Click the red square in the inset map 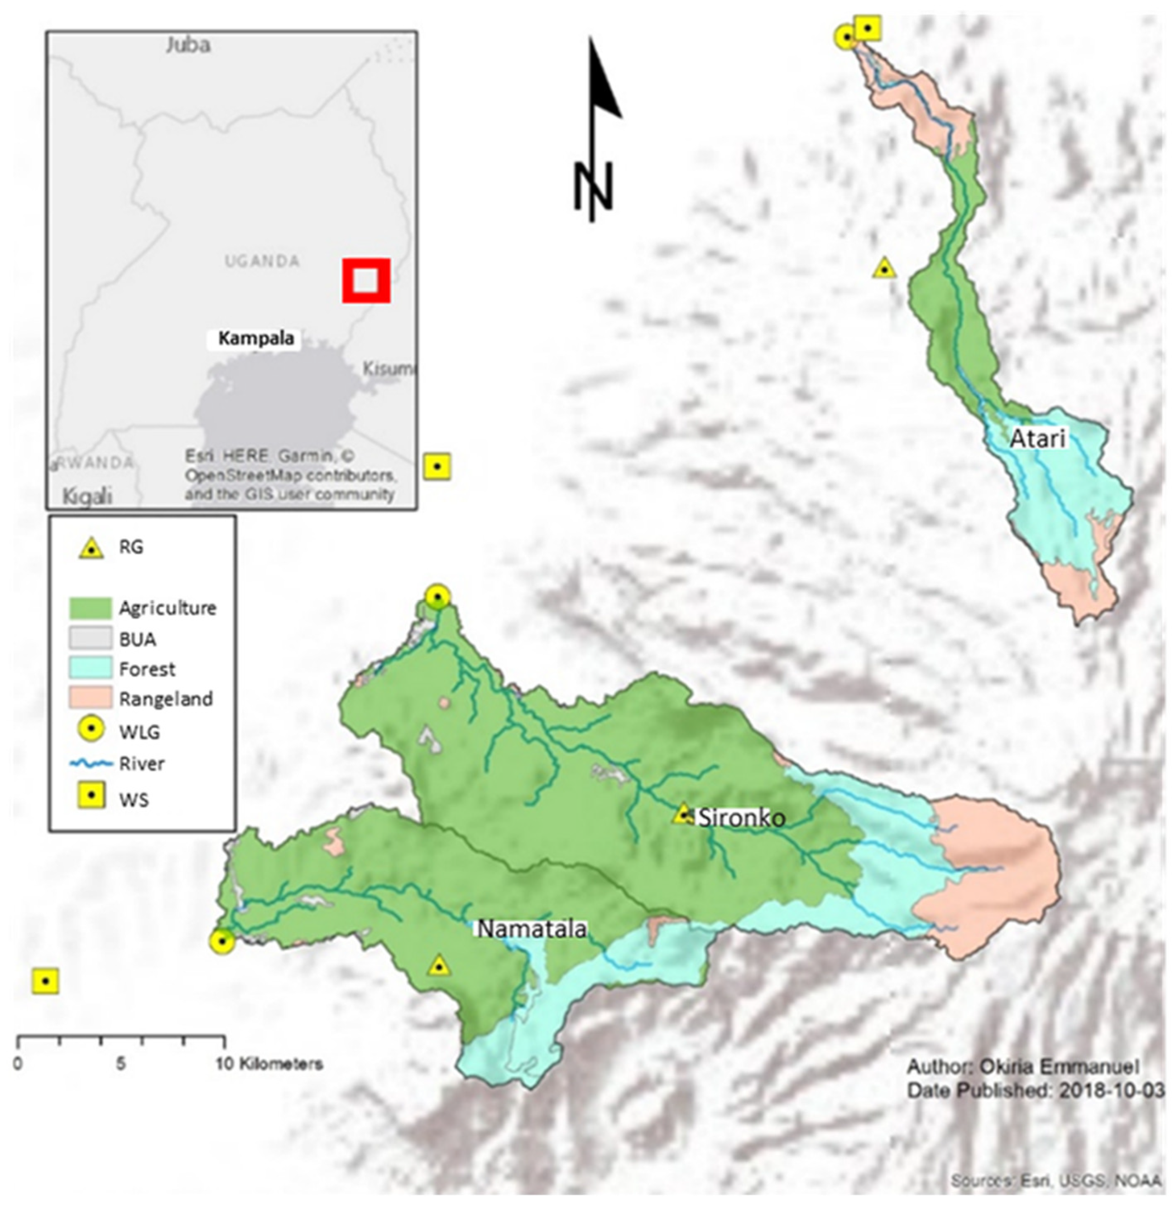coord(366,280)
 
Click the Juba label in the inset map coord(188,45)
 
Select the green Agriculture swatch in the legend coord(90,608)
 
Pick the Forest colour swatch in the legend coord(90,668)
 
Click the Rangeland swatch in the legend coord(90,699)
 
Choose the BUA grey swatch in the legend coord(90,638)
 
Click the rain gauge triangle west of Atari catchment coord(884,268)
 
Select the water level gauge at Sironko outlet coord(438,597)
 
